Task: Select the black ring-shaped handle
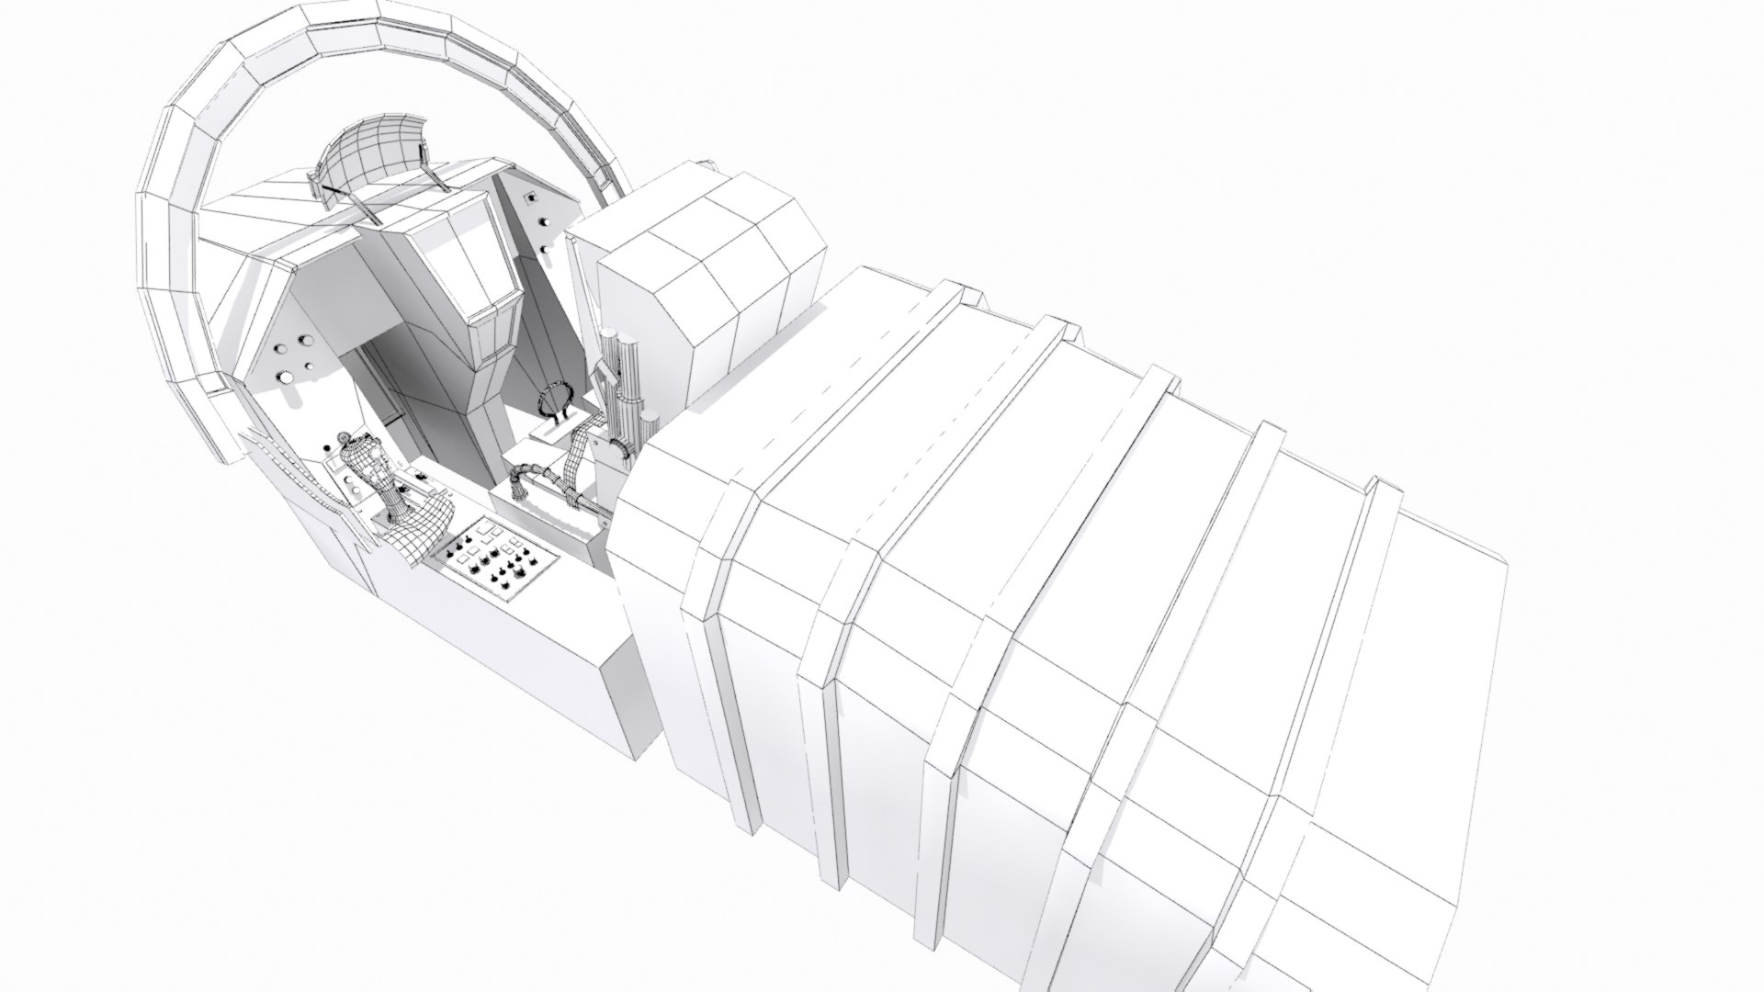pyautogui.click(x=555, y=401)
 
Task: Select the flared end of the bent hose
pyautogui.click(x=520, y=487)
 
